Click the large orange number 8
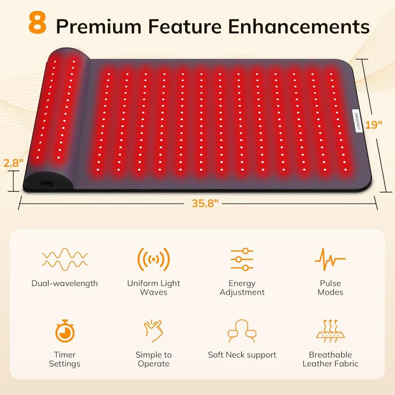click(37, 22)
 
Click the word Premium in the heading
click(99, 26)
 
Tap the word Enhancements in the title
click(298, 26)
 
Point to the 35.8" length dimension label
click(205, 203)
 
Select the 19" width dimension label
click(373, 125)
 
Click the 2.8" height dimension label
click(13, 163)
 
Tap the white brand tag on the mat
click(357, 121)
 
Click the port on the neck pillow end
click(46, 184)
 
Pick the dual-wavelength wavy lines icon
click(65, 259)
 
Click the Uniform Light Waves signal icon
click(154, 259)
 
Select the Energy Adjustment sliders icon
click(242, 259)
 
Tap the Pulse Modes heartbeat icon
click(330, 259)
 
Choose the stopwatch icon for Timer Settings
click(65, 331)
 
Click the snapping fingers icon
click(154, 331)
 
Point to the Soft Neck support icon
click(242, 331)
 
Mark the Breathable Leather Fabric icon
click(330, 331)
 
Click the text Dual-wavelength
click(65, 284)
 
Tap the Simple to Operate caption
click(154, 359)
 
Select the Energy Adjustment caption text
click(242, 287)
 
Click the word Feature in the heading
click(185, 26)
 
